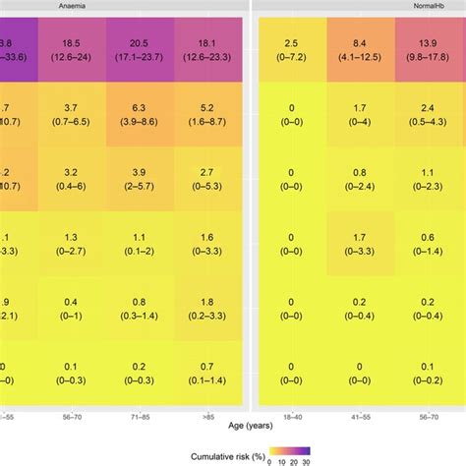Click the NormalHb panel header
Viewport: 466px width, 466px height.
click(360, 6)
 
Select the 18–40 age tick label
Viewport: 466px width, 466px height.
click(291, 418)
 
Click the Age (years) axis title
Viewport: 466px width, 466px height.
click(233, 428)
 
